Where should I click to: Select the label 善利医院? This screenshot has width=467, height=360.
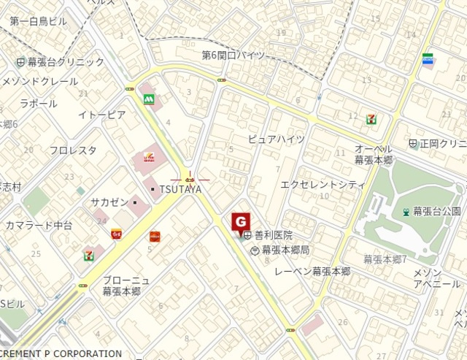[x=273, y=235]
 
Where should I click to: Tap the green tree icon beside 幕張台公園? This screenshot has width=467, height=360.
[x=406, y=212]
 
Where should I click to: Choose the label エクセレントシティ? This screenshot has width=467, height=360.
[x=323, y=185]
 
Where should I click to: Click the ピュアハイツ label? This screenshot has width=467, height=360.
[x=276, y=139]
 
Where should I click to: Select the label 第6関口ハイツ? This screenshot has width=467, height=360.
[x=233, y=55]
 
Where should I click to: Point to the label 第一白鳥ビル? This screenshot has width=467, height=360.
[x=38, y=21]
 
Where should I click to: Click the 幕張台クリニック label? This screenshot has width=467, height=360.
[x=66, y=62]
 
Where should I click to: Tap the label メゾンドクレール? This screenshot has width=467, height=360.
[x=36, y=80]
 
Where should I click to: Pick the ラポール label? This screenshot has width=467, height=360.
[x=39, y=103]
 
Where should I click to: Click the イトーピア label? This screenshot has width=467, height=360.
[x=102, y=115]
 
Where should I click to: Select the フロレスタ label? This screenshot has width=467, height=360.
[x=73, y=150]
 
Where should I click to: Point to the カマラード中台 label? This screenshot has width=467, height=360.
[x=39, y=225]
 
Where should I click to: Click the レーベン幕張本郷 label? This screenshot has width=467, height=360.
[x=312, y=271]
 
